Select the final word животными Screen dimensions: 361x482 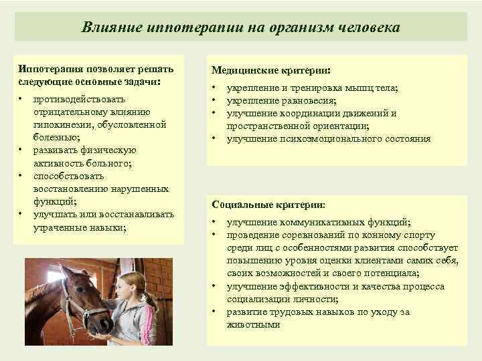coord(254,324)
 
